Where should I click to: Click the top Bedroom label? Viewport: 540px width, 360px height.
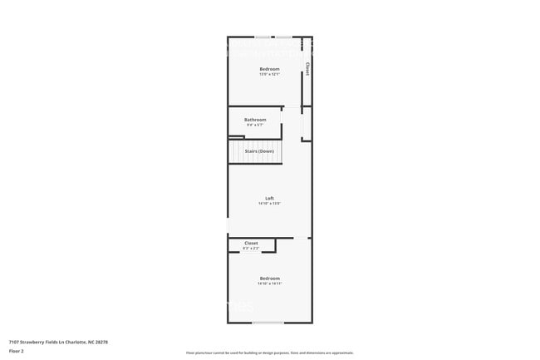pos(269,68)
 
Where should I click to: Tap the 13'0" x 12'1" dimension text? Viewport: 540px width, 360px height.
pos(269,74)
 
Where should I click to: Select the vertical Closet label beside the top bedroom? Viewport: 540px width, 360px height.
pos(307,69)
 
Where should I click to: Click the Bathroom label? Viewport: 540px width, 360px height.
pos(255,120)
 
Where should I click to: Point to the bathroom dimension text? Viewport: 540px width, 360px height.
pos(255,126)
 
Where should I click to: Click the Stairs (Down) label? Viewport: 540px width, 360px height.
pos(258,151)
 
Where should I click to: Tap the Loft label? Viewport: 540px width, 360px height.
pos(269,197)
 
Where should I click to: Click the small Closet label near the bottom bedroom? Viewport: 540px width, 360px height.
pos(251,243)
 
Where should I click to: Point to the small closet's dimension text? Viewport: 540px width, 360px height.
pos(251,249)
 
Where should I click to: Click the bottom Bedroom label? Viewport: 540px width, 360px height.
pos(269,278)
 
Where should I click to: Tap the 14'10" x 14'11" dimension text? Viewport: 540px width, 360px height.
pos(269,284)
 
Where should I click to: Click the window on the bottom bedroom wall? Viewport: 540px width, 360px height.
pos(268,323)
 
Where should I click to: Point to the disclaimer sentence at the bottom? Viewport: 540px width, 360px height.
pos(269,353)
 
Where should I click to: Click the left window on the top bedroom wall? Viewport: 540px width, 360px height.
pos(262,37)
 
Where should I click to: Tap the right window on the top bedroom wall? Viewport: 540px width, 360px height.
pos(284,37)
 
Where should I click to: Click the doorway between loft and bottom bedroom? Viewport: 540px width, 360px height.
pos(297,238)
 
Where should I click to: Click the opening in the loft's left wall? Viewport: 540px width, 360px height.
pos(228,225)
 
